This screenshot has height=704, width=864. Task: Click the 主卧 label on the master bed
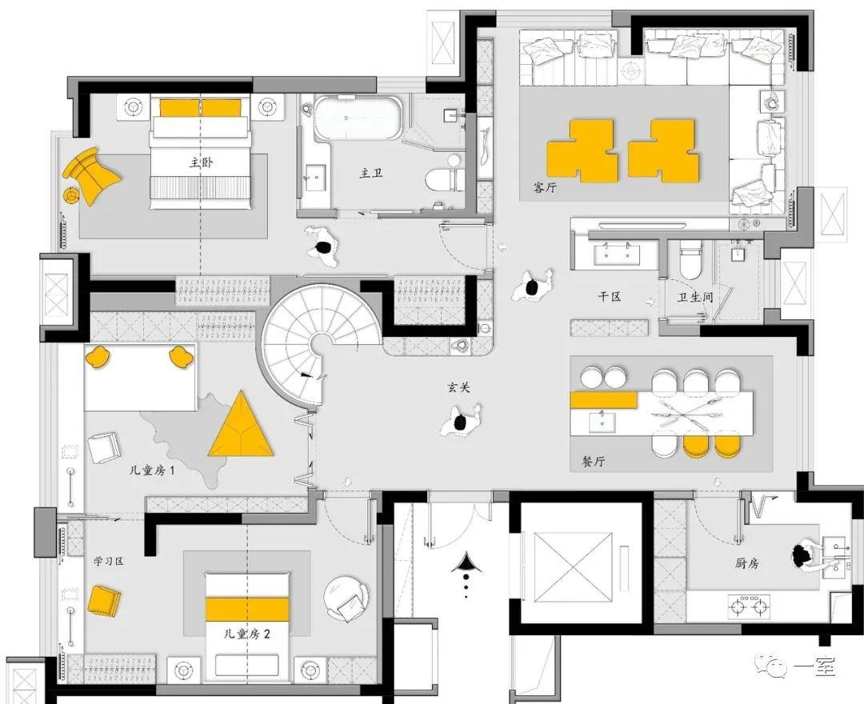[201, 162]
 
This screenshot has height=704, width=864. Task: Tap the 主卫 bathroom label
[371, 173]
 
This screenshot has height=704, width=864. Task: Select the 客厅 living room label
[545, 187]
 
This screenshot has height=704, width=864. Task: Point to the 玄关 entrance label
[458, 387]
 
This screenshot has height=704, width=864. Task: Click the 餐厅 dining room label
[593, 461]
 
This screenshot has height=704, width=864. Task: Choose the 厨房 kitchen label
[747, 563]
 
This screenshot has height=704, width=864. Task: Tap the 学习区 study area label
[109, 562]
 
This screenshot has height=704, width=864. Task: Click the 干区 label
[610, 296]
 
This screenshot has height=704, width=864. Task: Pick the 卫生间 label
[695, 297]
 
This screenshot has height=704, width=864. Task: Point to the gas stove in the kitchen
[749, 607]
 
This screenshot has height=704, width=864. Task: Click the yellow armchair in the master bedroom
[91, 175]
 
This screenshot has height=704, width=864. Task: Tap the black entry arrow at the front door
[466, 563]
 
